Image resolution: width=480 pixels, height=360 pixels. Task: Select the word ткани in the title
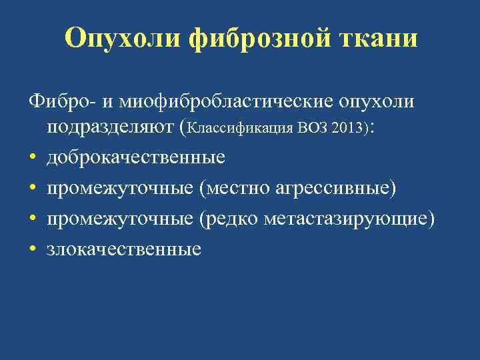pos(382,38)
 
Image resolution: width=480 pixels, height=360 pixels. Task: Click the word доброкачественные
pos(135,157)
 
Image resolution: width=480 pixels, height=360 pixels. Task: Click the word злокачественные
pos(124,249)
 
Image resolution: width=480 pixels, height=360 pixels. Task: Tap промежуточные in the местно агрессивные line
pos(120,188)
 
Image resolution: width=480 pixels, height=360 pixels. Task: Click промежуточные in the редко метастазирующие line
pos(120,219)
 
